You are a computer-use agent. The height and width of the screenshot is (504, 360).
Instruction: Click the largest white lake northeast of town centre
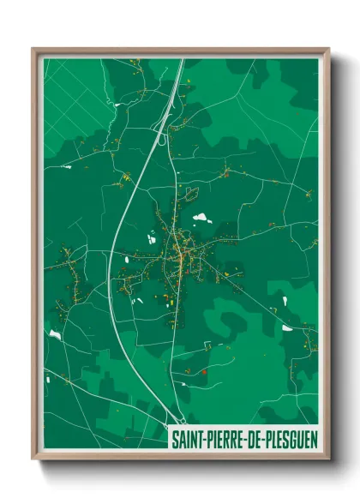201,218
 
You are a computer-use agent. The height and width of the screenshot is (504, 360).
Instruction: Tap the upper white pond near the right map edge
285,301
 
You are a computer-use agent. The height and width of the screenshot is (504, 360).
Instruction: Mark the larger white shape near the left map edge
55,333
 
